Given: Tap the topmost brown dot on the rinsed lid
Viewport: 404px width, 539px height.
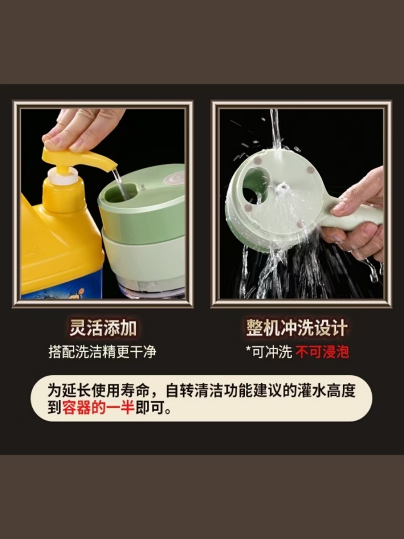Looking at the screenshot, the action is (x=258, y=161).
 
